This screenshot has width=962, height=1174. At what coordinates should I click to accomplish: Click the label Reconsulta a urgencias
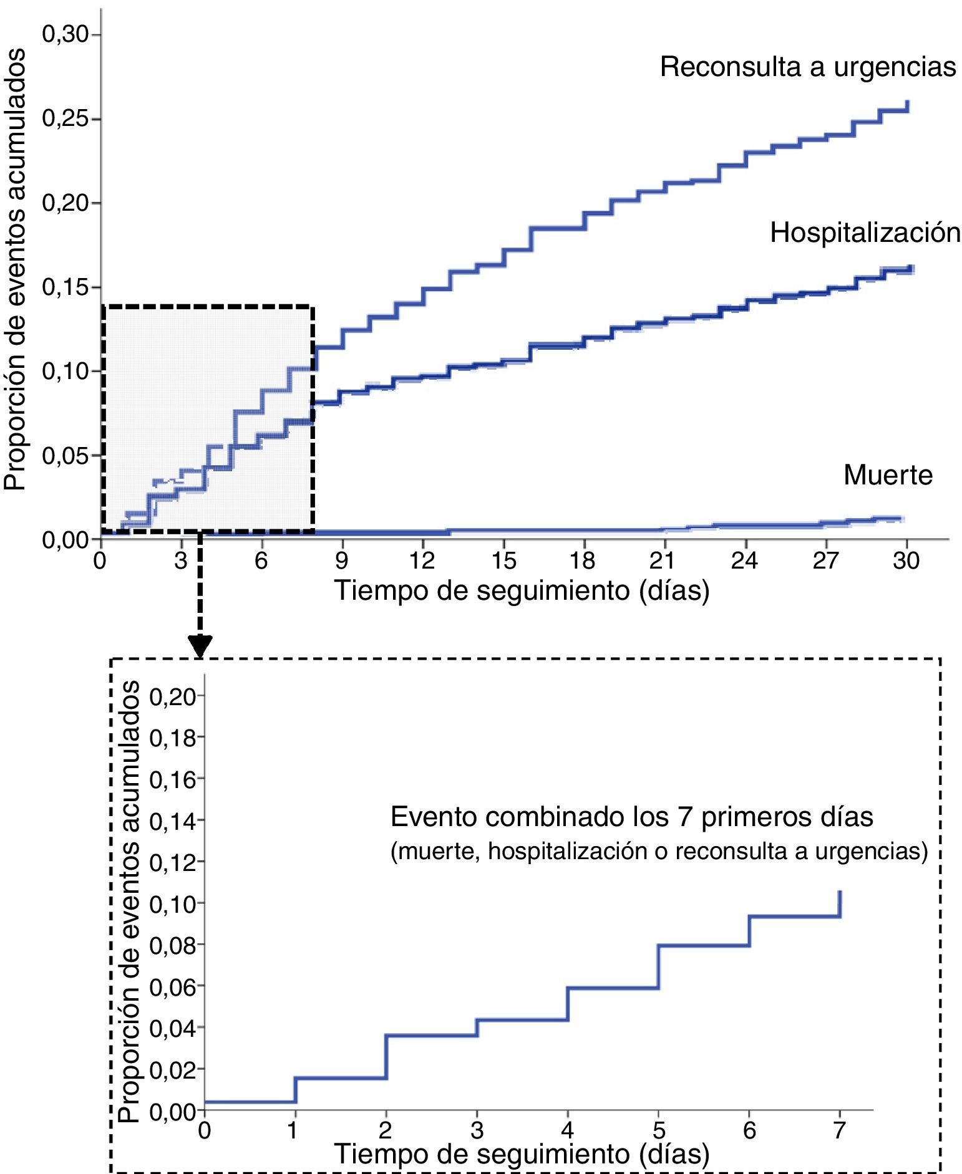pyautogui.click(x=808, y=67)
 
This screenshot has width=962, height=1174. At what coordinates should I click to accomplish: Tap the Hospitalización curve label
pyautogui.click(x=865, y=233)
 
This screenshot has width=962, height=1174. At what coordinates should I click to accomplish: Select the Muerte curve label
pyautogui.click(x=887, y=475)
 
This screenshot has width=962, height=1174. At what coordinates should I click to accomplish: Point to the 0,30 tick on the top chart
pyautogui.click(x=66, y=35)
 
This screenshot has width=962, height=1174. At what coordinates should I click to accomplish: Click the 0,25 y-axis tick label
pyautogui.click(x=66, y=119)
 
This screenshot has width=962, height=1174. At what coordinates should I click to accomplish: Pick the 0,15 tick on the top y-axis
pyautogui.click(x=66, y=287)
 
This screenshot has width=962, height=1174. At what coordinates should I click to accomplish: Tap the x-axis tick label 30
pyautogui.click(x=906, y=561)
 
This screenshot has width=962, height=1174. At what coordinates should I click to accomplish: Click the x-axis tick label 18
pyautogui.click(x=583, y=561)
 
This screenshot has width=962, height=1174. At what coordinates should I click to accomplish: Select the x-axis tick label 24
pyautogui.click(x=744, y=561)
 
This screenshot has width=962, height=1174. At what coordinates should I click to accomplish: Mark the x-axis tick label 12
pyautogui.click(x=422, y=561)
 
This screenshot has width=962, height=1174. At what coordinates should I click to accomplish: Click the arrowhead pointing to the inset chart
pyautogui.click(x=200, y=646)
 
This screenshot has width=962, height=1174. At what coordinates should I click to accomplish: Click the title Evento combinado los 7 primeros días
pyautogui.click(x=631, y=817)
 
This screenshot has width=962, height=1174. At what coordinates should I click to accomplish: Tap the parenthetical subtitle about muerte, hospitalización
pyautogui.click(x=659, y=851)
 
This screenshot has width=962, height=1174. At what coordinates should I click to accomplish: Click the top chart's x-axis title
pyautogui.click(x=522, y=590)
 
